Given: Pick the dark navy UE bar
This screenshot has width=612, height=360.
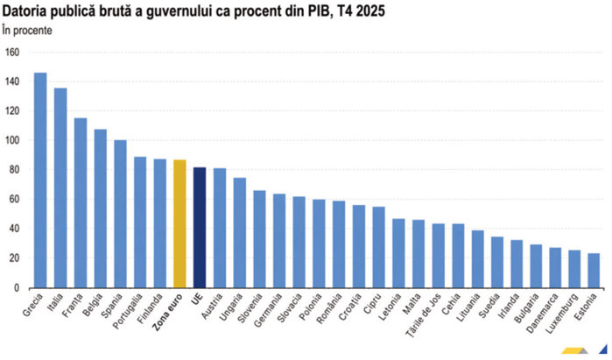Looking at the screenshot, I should [x=200, y=227].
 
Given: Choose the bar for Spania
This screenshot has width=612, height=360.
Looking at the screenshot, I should [x=120, y=214].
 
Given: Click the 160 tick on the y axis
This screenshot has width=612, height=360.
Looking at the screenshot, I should [x=11, y=52].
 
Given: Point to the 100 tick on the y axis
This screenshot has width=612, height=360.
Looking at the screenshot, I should [x=11, y=140].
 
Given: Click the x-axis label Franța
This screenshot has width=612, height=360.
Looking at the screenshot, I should [x=74, y=306].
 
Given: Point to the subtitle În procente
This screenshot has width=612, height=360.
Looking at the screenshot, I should [x=27, y=30].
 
